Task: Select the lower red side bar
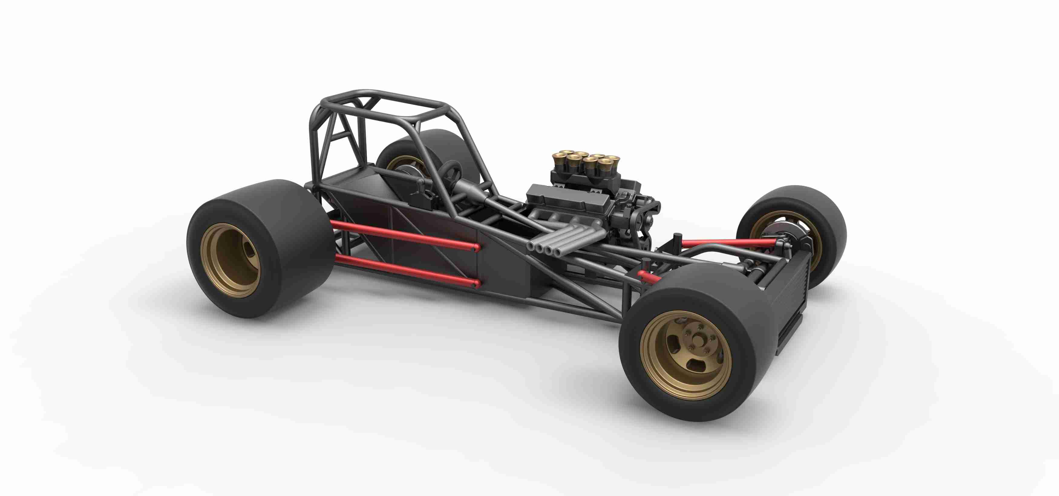[x=403, y=270]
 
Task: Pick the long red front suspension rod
[x=728, y=243]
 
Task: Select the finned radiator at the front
[x=787, y=300]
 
